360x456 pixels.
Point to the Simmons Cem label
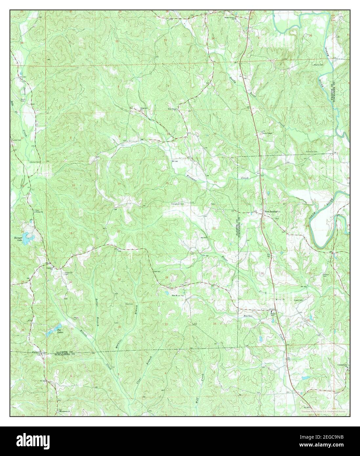[x=312, y=152]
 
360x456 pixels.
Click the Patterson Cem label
[x=68, y=273]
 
